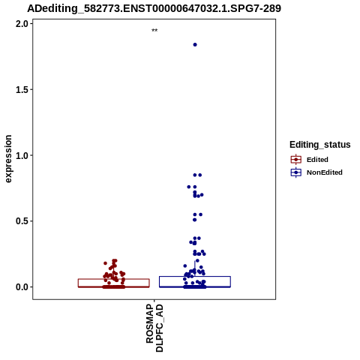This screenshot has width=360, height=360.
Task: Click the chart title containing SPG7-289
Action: pos(154,8)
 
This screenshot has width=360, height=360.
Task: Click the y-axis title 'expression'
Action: pos(8,159)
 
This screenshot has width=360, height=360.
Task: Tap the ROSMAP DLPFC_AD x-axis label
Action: pos(154,328)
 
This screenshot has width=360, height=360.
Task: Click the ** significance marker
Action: pos(154,31)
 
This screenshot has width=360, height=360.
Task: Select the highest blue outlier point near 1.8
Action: pos(195,45)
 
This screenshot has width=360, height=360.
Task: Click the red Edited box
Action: pos(114,283)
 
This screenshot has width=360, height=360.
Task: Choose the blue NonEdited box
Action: pos(195,282)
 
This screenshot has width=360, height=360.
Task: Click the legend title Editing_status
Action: pos(320,145)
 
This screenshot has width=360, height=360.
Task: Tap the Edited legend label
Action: pos(317,160)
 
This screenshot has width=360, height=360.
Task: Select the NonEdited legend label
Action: pos(325,172)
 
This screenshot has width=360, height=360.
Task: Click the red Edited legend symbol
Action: pos(296,160)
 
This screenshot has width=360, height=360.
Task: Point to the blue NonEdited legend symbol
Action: pos(296,172)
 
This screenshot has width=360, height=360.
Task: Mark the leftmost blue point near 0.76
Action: pos(189,187)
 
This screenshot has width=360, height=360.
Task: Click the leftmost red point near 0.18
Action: pos(105,263)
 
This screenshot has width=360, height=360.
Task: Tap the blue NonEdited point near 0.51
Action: pos(194,220)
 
